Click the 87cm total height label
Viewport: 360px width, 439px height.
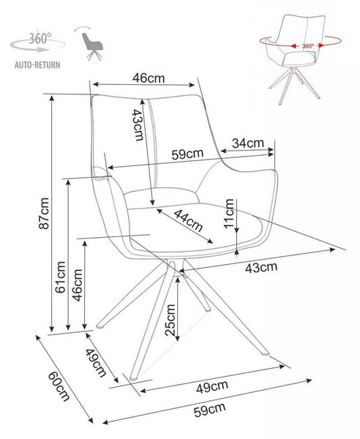pos(45,213)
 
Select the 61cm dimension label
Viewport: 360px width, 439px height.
pos(61,277)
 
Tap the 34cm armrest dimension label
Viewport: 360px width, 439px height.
pos(248,143)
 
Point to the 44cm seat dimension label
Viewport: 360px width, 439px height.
pos(188,221)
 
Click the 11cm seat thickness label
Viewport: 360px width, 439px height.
pos(229,214)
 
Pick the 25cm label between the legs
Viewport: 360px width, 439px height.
pos(170,320)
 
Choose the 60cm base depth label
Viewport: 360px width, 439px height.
pos(59,386)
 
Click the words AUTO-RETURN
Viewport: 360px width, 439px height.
pos(37,65)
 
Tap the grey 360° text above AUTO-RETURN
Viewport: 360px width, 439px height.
pos(40,39)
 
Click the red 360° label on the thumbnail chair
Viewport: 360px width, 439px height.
pos(308,46)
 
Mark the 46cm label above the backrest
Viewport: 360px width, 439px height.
pos(149,78)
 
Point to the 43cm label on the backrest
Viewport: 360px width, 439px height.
pos(138,124)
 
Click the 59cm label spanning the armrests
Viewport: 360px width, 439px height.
pos(187,154)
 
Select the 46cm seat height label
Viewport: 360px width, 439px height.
pos(78,285)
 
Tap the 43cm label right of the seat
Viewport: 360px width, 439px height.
pos(261,267)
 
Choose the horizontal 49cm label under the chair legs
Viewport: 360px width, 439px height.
pos(212,387)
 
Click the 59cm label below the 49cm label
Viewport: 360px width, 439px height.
pos(210,410)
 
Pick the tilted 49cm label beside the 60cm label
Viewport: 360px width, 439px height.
pos(96,363)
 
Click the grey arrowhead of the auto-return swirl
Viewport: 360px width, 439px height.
pos(45,50)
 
